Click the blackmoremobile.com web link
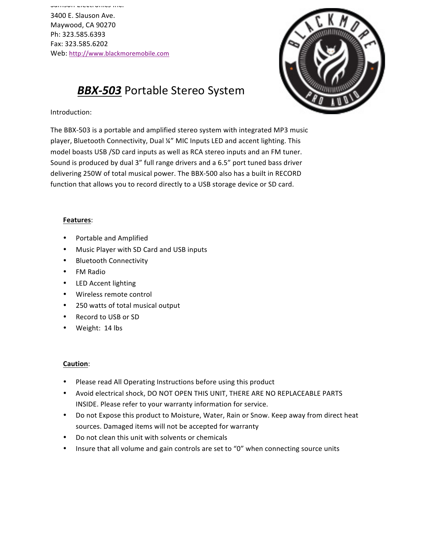119,54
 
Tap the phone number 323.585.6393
84,34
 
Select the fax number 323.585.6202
86,44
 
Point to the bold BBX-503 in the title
99,91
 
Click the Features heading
77,220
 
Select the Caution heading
76,364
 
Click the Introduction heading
71,112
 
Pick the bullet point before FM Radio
65,272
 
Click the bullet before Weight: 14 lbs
65,328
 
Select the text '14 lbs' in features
113,328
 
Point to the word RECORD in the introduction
288,173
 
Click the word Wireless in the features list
89,294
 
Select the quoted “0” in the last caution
238,449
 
